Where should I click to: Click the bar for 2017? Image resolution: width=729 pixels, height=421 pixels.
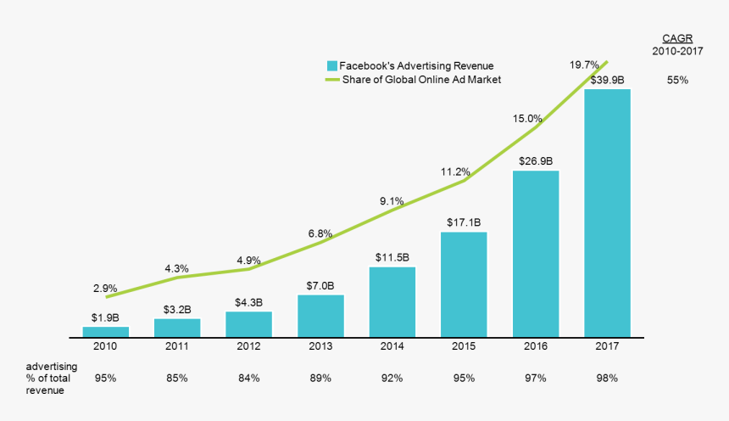pyautogui.click(x=607, y=212)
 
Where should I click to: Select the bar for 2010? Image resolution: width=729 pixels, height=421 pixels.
pyautogui.click(x=106, y=331)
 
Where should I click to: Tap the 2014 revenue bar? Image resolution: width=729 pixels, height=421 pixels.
pyautogui.click(x=392, y=301)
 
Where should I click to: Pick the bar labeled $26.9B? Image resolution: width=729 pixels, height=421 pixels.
pyautogui.click(x=536, y=253)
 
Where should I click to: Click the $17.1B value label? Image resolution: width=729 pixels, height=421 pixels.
pyautogui.click(x=464, y=222)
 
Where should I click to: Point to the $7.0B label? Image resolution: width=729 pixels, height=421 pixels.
pyautogui.click(x=320, y=285)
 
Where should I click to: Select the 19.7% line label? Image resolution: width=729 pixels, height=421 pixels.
pyautogui.click(x=585, y=64)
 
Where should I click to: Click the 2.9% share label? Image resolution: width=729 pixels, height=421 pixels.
pyautogui.click(x=105, y=288)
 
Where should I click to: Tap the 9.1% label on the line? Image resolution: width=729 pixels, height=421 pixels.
pyautogui.click(x=392, y=201)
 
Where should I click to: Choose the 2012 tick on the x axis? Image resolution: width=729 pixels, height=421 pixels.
pyautogui.click(x=248, y=346)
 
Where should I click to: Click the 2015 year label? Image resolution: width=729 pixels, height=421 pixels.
pyautogui.click(x=464, y=346)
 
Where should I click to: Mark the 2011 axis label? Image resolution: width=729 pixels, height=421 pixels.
pyautogui.click(x=177, y=346)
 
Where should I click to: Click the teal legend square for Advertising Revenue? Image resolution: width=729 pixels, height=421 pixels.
pyautogui.click(x=332, y=65)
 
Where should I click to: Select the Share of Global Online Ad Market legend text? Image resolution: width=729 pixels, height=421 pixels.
pyautogui.click(x=421, y=80)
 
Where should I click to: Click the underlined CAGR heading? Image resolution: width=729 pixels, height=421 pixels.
pyautogui.click(x=676, y=38)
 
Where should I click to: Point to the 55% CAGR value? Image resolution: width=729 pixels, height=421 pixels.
pyautogui.click(x=677, y=80)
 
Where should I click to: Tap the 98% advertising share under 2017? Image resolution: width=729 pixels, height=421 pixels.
pyautogui.click(x=607, y=378)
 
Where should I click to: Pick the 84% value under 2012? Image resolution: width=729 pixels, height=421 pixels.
pyautogui.click(x=248, y=378)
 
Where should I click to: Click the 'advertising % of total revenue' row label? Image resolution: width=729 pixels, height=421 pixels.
pyautogui.click(x=53, y=378)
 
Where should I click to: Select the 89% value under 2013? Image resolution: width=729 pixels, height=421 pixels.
pyautogui.click(x=320, y=378)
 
